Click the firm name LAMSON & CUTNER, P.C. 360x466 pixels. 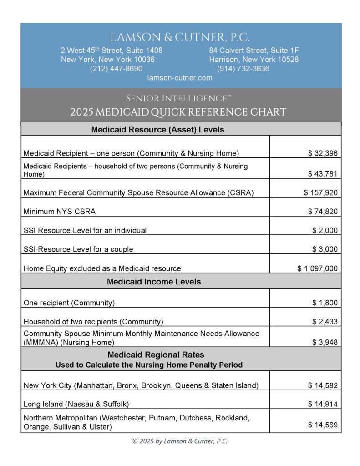pos(180,37)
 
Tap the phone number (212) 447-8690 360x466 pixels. pos(116,69)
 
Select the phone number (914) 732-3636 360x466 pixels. pos(243,69)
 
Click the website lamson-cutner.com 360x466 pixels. pos(180,78)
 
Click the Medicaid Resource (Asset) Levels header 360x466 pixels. pos(157,129)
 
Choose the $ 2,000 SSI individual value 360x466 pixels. pos(325,231)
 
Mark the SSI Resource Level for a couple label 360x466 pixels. pos(78,249)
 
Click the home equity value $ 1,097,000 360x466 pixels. pos(317,268)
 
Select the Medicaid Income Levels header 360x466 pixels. pos(154,282)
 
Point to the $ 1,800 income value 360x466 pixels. pos(325,303)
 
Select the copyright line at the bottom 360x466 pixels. pos(180,441)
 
